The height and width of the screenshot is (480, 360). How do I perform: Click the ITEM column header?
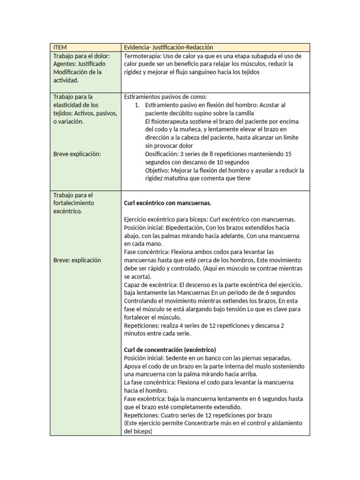60,47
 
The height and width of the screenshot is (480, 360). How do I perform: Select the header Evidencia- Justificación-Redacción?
168,47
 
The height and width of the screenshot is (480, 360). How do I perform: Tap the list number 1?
136,105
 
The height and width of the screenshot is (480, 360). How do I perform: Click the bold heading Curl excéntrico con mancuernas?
167,203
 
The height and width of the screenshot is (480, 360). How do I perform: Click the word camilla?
243,113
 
